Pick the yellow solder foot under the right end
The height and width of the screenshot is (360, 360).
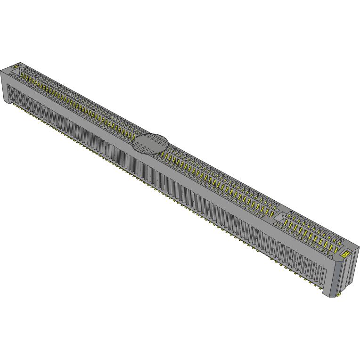[x=338, y=295]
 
